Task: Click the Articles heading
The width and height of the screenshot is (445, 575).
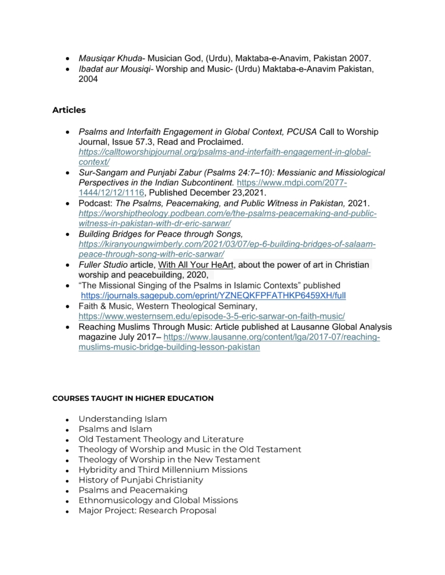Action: click(69, 110)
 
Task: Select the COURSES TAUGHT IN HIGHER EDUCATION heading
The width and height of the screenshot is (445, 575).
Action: click(133, 398)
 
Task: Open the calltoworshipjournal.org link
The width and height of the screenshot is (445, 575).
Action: click(224, 152)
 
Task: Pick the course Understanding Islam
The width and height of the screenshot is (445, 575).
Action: click(123, 419)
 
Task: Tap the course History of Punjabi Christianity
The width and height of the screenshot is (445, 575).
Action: click(141, 480)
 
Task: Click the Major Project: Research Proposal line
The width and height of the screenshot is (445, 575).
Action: click(147, 510)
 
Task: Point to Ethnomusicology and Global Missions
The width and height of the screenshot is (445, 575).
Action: click(158, 500)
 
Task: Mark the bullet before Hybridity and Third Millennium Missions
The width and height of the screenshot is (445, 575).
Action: click(67, 471)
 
